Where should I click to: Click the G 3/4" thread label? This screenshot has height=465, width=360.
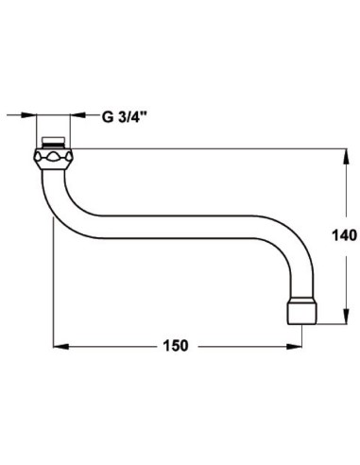click(x=129, y=117)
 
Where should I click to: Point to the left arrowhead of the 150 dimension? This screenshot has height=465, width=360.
click(x=56, y=346)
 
